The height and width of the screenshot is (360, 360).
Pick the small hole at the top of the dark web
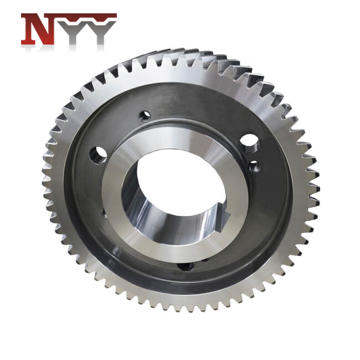pos(145,116)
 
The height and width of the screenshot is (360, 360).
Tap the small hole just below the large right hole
pos(254,165)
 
